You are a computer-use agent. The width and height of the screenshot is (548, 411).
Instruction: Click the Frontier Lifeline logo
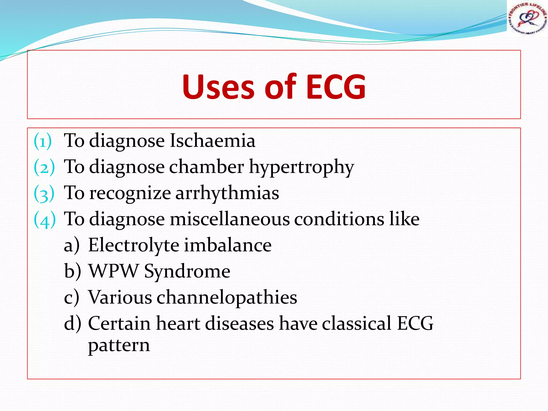click(527, 18)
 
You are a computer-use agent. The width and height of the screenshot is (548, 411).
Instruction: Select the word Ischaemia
click(212, 140)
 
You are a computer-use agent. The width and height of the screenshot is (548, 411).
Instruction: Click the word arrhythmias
click(227, 193)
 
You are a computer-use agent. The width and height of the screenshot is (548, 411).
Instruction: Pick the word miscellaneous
click(230, 219)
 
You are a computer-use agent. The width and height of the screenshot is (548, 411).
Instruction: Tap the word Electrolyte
click(134, 245)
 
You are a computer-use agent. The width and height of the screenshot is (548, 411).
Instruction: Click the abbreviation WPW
click(113, 271)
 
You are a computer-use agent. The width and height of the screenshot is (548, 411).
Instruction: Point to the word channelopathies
click(227, 297)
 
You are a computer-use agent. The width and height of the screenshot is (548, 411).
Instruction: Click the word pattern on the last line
click(119, 345)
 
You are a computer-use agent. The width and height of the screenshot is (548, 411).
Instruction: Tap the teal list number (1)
click(43, 141)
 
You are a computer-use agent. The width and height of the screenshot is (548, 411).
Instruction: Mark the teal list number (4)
click(45, 219)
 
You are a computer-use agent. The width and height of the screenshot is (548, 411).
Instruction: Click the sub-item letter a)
click(71, 245)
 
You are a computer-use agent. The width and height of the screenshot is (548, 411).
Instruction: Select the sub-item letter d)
click(72, 324)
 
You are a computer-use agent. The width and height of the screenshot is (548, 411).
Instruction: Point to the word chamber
click(206, 166)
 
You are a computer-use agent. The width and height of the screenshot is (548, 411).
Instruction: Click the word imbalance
click(228, 245)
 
